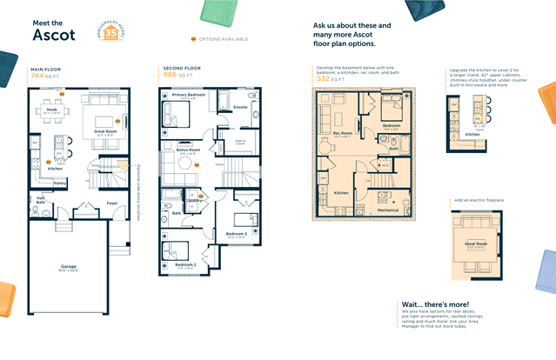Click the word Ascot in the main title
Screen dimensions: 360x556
55,35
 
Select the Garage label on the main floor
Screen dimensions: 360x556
69,266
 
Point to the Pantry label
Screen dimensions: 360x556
60,183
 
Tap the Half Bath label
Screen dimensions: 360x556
41,201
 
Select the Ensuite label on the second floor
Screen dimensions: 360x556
240,108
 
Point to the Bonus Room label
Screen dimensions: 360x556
189,150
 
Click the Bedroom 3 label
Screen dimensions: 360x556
237,233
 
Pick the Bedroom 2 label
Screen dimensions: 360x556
185,264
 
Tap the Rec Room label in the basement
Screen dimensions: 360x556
342,133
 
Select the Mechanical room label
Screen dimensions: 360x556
388,210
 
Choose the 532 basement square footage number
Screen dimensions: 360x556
324,78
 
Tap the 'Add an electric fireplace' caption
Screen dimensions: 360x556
479,200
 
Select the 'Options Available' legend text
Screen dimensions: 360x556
224,39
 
